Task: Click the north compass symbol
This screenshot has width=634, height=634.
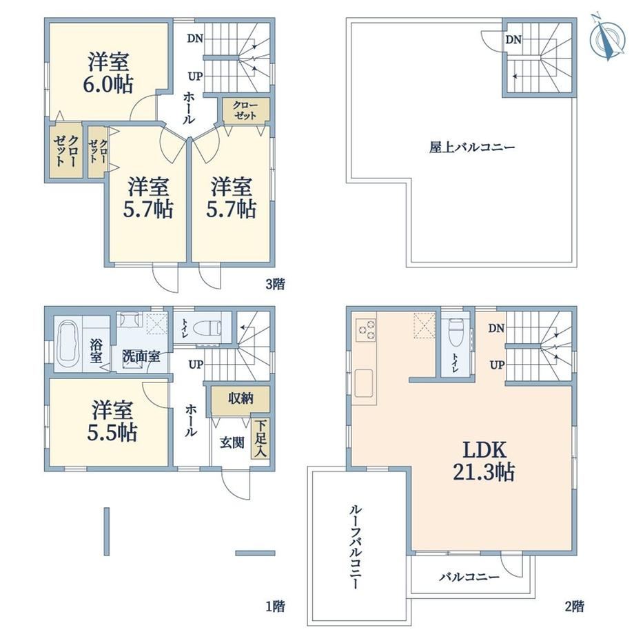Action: [608, 37]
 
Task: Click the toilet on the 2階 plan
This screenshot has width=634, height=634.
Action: [456, 332]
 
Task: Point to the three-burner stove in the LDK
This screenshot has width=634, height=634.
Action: [365, 329]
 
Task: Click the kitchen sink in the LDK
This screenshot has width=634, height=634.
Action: [364, 383]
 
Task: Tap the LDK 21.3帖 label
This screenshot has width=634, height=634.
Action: [484, 461]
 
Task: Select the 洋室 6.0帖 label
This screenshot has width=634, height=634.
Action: [108, 73]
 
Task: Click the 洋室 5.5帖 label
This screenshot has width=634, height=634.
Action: [112, 421]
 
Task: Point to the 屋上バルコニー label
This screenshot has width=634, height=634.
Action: [472, 147]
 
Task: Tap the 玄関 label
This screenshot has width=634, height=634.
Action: [232, 442]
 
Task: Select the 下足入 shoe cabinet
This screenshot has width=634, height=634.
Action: [260, 440]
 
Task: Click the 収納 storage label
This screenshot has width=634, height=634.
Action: [241, 399]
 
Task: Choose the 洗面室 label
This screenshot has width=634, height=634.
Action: [141, 356]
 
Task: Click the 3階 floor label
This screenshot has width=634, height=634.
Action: [275, 284]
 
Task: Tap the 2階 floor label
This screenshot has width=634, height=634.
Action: [574, 606]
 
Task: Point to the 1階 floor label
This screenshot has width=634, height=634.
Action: [275, 606]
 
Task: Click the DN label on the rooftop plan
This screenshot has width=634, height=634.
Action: [513, 40]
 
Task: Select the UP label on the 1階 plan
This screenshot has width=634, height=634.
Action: [196, 365]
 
